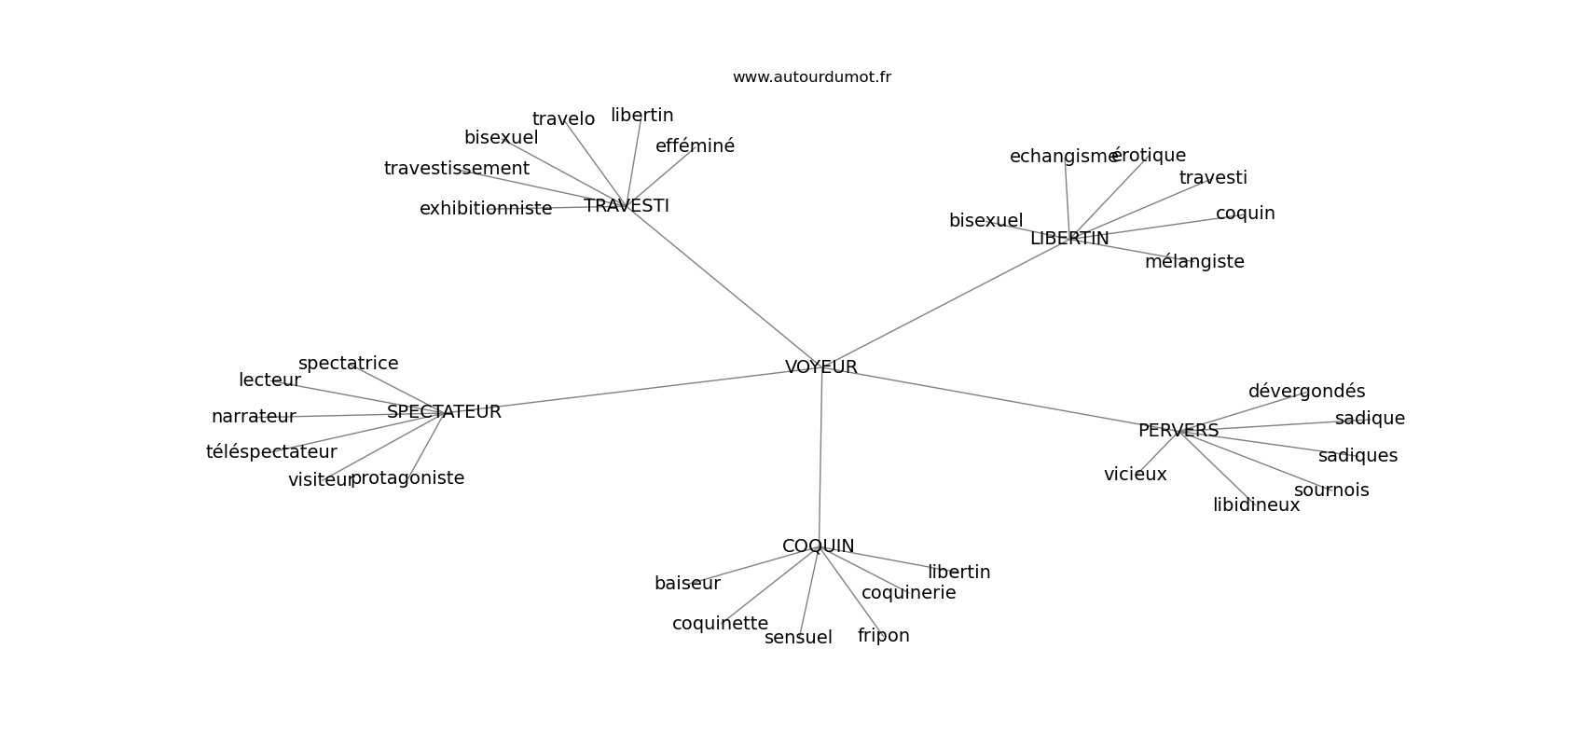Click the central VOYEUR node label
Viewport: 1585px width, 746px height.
(x=820, y=367)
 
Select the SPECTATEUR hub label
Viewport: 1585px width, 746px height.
(x=444, y=412)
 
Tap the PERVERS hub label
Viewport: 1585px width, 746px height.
(x=1178, y=431)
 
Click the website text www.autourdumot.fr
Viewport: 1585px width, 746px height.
(x=811, y=77)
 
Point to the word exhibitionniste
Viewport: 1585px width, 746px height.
(x=485, y=209)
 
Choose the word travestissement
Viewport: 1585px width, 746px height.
(x=456, y=169)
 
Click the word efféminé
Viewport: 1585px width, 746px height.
(x=695, y=146)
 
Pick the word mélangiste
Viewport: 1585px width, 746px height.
(x=1193, y=262)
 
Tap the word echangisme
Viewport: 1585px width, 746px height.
(x=1063, y=157)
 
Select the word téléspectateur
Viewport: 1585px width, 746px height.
(x=270, y=452)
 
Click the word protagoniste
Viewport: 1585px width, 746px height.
(x=407, y=478)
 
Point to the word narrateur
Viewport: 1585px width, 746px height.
(x=253, y=417)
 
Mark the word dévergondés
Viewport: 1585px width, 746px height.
(x=1305, y=392)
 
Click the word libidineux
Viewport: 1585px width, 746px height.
(x=1255, y=505)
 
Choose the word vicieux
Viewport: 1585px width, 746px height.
(x=1135, y=475)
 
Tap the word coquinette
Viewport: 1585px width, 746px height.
(x=720, y=624)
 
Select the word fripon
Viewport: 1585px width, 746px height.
(x=883, y=636)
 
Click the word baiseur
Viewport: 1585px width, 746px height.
(x=687, y=584)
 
